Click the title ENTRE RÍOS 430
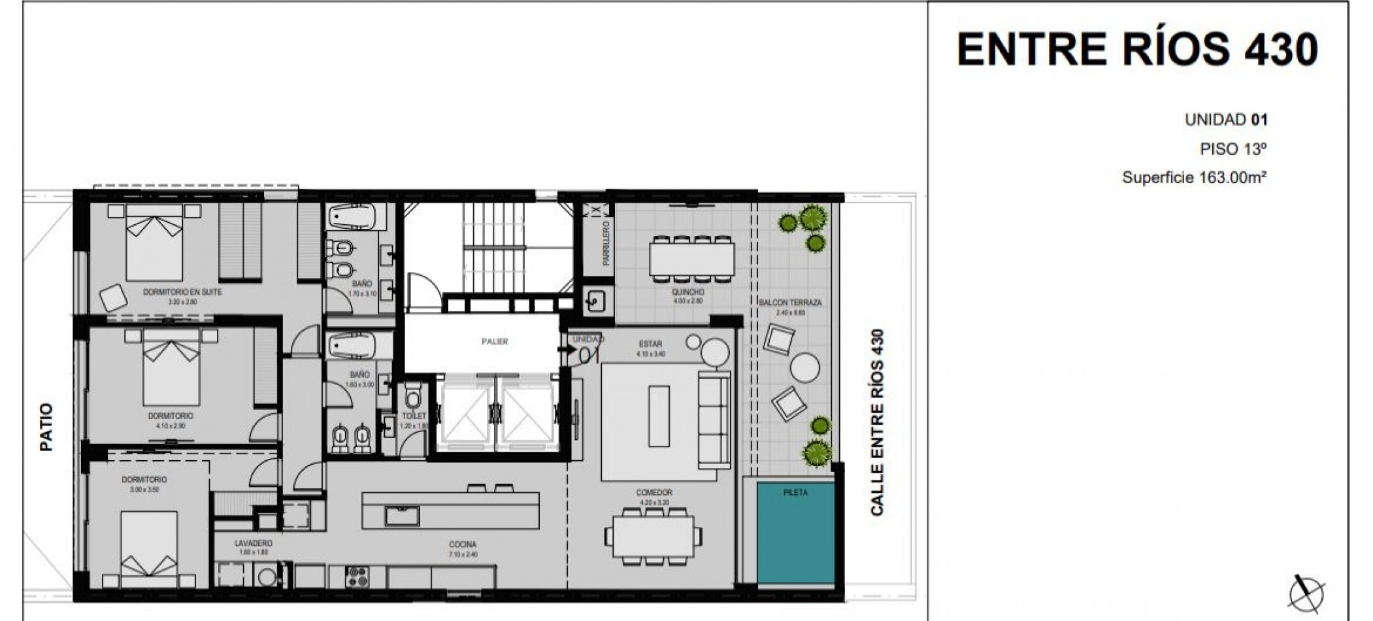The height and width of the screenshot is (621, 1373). tap(1137, 49)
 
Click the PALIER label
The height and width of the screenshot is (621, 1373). tap(495, 341)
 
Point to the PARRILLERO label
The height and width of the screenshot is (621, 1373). tap(606, 243)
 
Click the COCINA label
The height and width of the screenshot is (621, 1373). tap(463, 544)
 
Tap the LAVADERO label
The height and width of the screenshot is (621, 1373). tap(254, 543)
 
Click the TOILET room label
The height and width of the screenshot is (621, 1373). tap(414, 416)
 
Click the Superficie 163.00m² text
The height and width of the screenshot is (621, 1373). tap(1194, 177)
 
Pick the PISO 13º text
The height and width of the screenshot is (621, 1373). tap(1232, 149)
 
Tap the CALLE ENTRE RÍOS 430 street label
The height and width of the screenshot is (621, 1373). tap(877, 422)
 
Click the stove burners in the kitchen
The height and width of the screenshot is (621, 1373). tap(357, 577)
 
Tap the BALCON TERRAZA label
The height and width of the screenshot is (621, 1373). tap(790, 303)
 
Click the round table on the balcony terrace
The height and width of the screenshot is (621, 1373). tap(804, 368)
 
